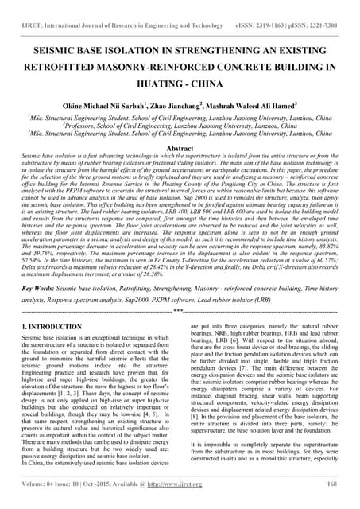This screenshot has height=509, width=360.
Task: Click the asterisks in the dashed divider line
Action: click(179, 311)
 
